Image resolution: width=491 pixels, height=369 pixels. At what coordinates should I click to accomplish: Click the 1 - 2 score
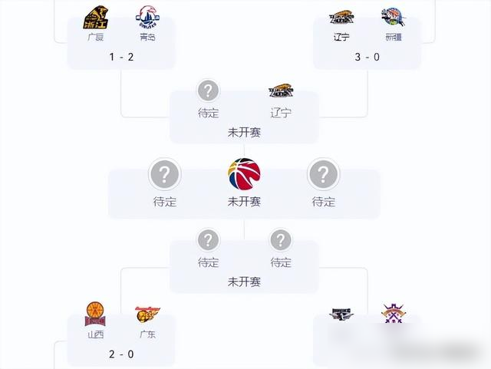[x=121, y=57]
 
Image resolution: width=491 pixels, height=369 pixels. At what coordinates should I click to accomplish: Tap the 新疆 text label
[x=393, y=37]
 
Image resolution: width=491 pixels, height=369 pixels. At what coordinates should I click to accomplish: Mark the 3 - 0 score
[x=367, y=57]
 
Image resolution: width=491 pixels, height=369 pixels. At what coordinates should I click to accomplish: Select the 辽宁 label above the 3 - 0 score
[x=342, y=37]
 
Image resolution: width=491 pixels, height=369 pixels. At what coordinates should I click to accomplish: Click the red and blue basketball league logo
[x=244, y=175]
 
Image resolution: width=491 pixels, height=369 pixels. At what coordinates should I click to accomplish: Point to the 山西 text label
[x=96, y=334]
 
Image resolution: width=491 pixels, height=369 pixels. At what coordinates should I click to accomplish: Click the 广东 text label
[x=147, y=334]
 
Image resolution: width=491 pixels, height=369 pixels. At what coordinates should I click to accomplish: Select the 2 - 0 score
[x=121, y=354]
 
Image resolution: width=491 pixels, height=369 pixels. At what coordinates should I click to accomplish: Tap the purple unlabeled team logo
[x=394, y=315]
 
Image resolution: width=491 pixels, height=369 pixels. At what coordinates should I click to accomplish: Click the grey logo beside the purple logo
[x=342, y=315]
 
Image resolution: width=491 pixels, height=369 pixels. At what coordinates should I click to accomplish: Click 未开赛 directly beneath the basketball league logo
[x=244, y=202]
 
